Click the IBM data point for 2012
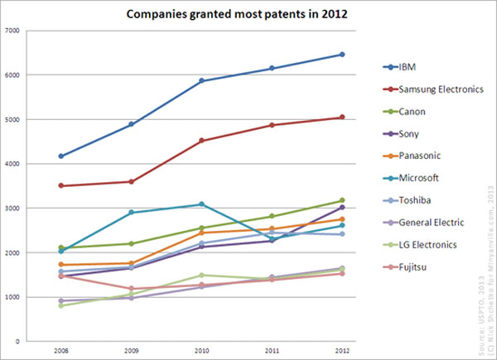pos(342,55)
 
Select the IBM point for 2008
pos(61,156)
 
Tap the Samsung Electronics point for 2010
pos(201,141)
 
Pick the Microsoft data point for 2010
pos(201,204)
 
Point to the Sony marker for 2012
pos(342,207)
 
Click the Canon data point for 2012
pos(342,200)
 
